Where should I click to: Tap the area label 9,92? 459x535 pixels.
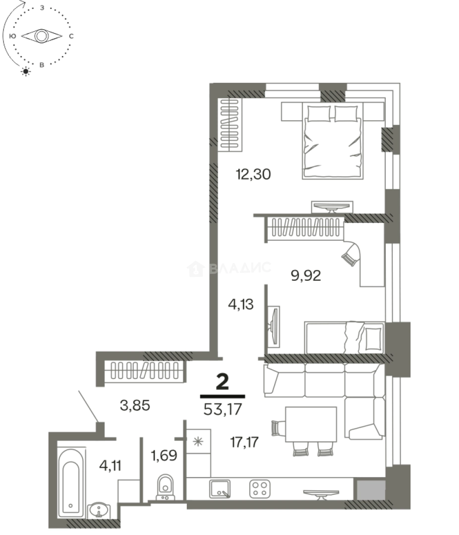pyautogui.click(x=306, y=275)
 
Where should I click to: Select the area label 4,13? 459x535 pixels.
pyautogui.click(x=240, y=305)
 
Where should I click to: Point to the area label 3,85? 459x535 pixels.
pyautogui.click(x=135, y=406)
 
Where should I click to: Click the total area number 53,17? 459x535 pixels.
pyautogui.click(x=223, y=410)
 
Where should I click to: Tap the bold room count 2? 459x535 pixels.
pyautogui.click(x=223, y=382)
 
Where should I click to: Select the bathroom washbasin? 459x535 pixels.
pyautogui.click(x=101, y=509)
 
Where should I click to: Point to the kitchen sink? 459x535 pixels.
pyautogui.click(x=219, y=488)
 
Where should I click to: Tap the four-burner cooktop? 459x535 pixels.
pyautogui.click(x=260, y=488)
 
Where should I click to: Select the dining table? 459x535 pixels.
pyautogui.click(x=311, y=424)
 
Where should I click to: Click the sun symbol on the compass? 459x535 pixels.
pyautogui.click(x=25, y=72)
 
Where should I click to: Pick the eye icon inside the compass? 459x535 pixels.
pyautogui.click(x=42, y=36)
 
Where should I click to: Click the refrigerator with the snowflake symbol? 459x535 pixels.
pyautogui.click(x=198, y=442)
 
